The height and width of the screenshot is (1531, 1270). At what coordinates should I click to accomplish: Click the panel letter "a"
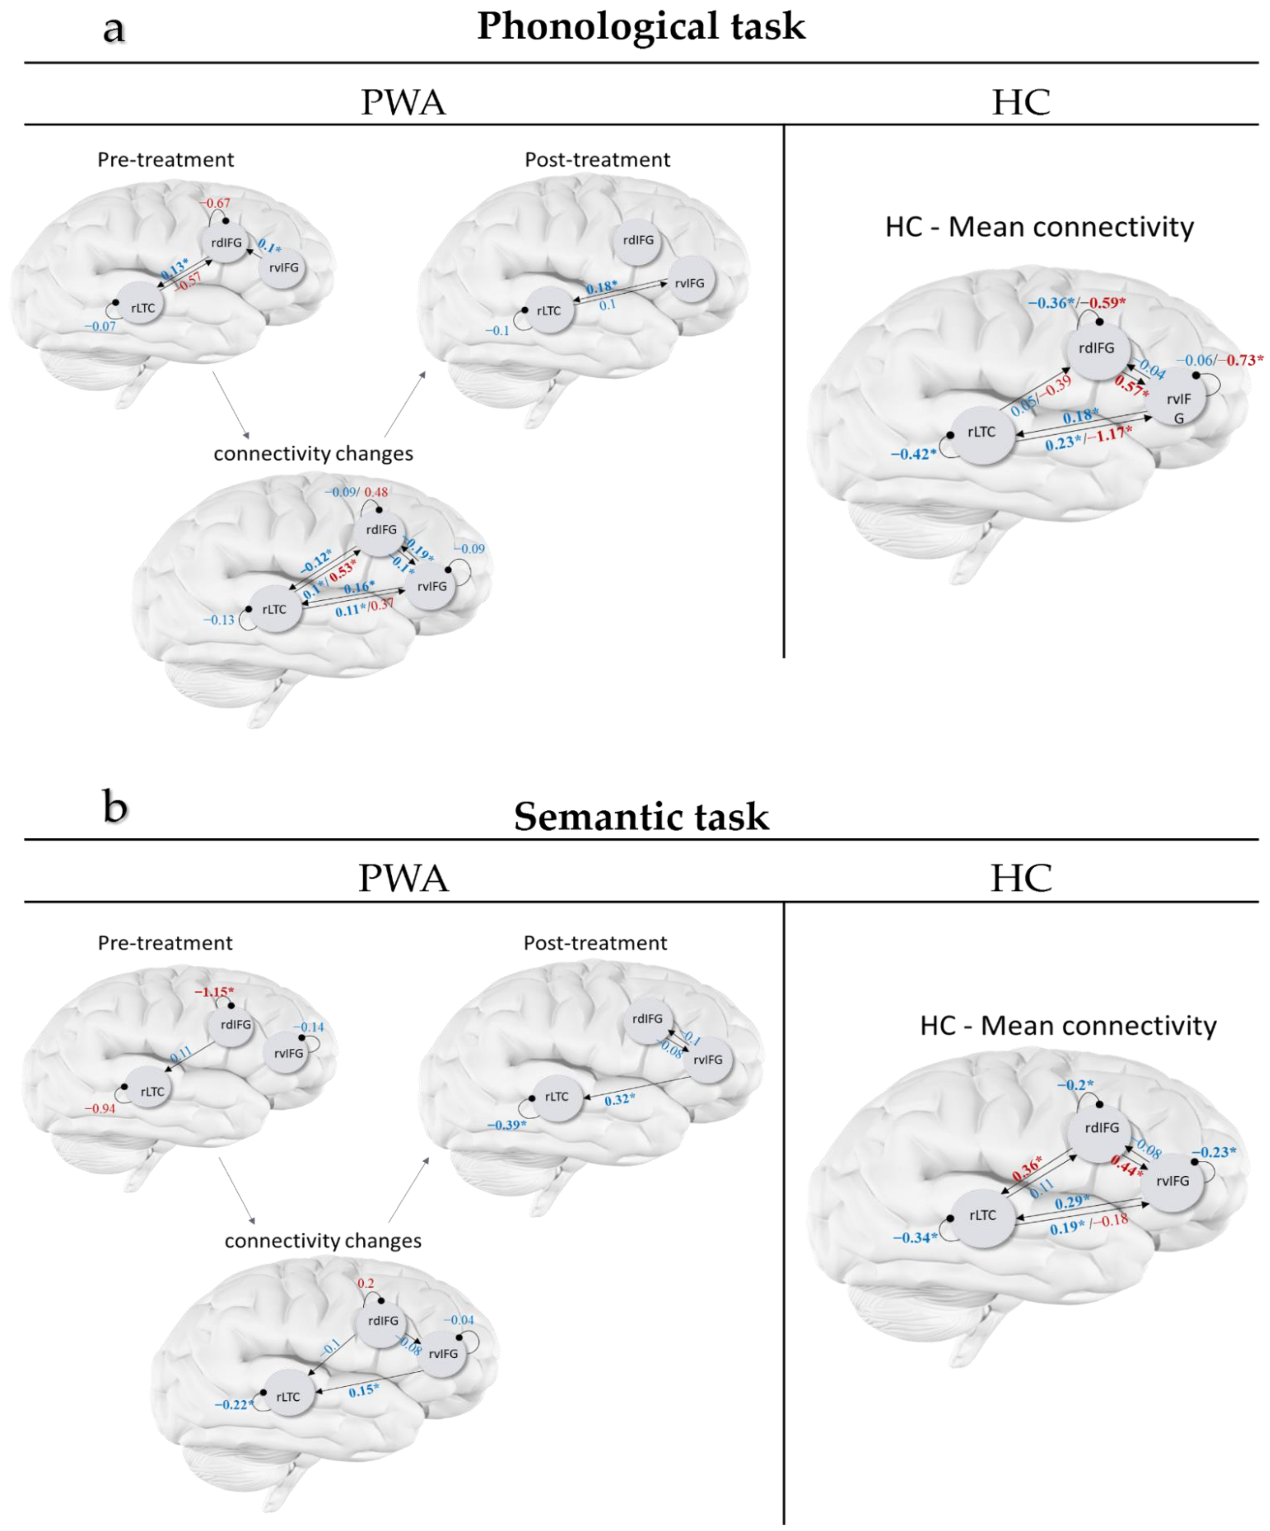[114, 29]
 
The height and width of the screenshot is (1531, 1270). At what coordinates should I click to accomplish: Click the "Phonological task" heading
[641, 26]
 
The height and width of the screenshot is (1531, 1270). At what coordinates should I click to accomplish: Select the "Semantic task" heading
[641, 817]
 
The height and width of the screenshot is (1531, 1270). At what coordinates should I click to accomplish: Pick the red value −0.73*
[1244, 360]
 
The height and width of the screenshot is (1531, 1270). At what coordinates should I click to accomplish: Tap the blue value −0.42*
[913, 454]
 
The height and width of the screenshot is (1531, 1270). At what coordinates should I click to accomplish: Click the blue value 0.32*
[619, 1099]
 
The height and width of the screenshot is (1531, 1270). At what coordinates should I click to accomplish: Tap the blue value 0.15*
[363, 1391]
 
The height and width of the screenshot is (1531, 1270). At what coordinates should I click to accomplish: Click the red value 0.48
[376, 492]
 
